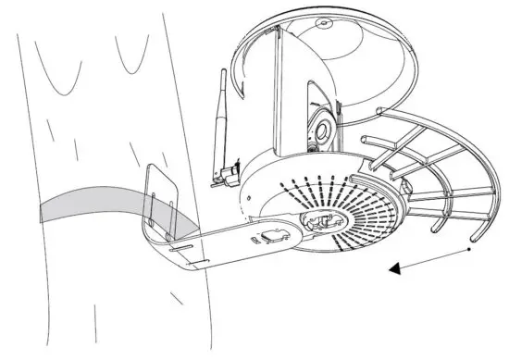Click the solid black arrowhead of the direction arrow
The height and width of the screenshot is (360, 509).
pos(396,269)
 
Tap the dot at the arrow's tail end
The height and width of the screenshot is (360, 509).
pos(470,249)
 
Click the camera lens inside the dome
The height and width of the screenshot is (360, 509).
pos(320,127)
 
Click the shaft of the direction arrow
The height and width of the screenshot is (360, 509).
pos(435,258)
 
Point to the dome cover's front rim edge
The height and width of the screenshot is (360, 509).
pos(407,93)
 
